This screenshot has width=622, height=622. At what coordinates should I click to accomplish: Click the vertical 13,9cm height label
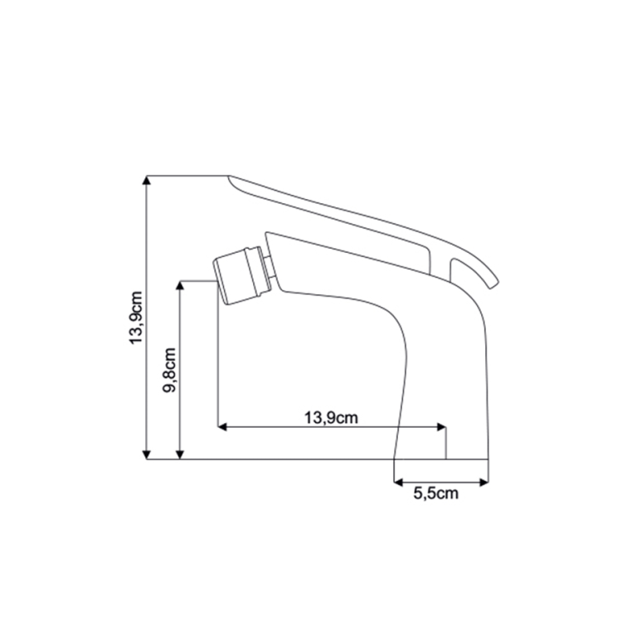pyautogui.click(x=137, y=318)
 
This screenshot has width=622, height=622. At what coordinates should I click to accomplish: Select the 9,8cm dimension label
pyautogui.click(x=169, y=370)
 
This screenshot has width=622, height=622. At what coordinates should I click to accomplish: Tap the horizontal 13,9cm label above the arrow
pyautogui.click(x=331, y=418)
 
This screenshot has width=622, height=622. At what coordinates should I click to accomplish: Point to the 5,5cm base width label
pyautogui.click(x=435, y=493)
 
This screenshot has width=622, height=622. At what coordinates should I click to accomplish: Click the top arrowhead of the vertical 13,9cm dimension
pyautogui.click(x=147, y=181)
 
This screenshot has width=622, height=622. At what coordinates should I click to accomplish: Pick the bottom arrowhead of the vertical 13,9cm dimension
pyautogui.click(x=147, y=454)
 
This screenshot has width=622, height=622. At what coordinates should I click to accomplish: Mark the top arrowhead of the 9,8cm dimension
pyautogui.click(x=180, y=286)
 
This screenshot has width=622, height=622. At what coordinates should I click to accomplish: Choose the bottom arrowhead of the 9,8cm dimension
pyautogui.click(x=180, y=454)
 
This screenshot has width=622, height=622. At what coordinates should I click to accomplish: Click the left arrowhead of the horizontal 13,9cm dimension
pyautogui.click(x=222, y=427)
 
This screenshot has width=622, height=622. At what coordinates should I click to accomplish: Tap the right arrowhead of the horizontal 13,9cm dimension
pyautogui.click(x=441, y=427)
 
